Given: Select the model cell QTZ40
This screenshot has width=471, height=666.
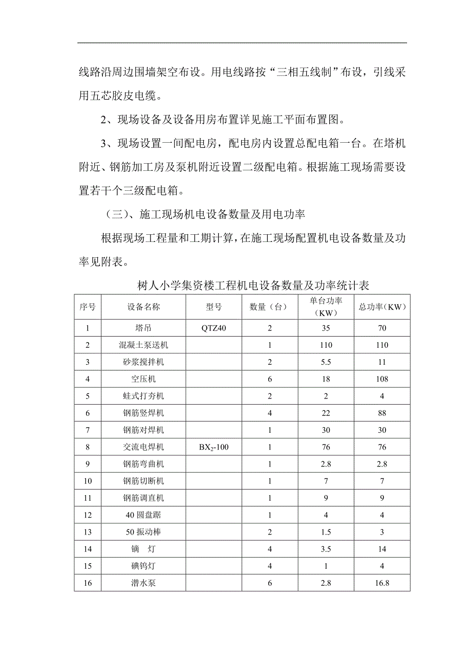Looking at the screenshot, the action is (214, 328).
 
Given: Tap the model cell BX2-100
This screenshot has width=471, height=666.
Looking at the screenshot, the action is (214, 447).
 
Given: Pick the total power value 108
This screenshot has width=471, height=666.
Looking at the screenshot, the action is (382, 379).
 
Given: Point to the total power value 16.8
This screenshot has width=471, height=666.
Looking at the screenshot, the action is (382, 583).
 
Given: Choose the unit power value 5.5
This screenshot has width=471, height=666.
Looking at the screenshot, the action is (326, 362).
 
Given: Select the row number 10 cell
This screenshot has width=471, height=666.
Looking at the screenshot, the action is (88, 481).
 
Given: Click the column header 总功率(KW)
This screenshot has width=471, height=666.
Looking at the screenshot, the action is (382, 307).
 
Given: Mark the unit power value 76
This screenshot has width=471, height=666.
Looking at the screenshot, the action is (326, 447).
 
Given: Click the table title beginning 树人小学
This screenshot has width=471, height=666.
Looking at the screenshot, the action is (254, 285).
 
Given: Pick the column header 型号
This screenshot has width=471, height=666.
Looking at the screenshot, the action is (214, 307).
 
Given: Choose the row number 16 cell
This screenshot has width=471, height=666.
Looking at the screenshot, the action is (88, 583).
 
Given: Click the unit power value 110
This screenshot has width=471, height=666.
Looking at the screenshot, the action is (326, 345).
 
